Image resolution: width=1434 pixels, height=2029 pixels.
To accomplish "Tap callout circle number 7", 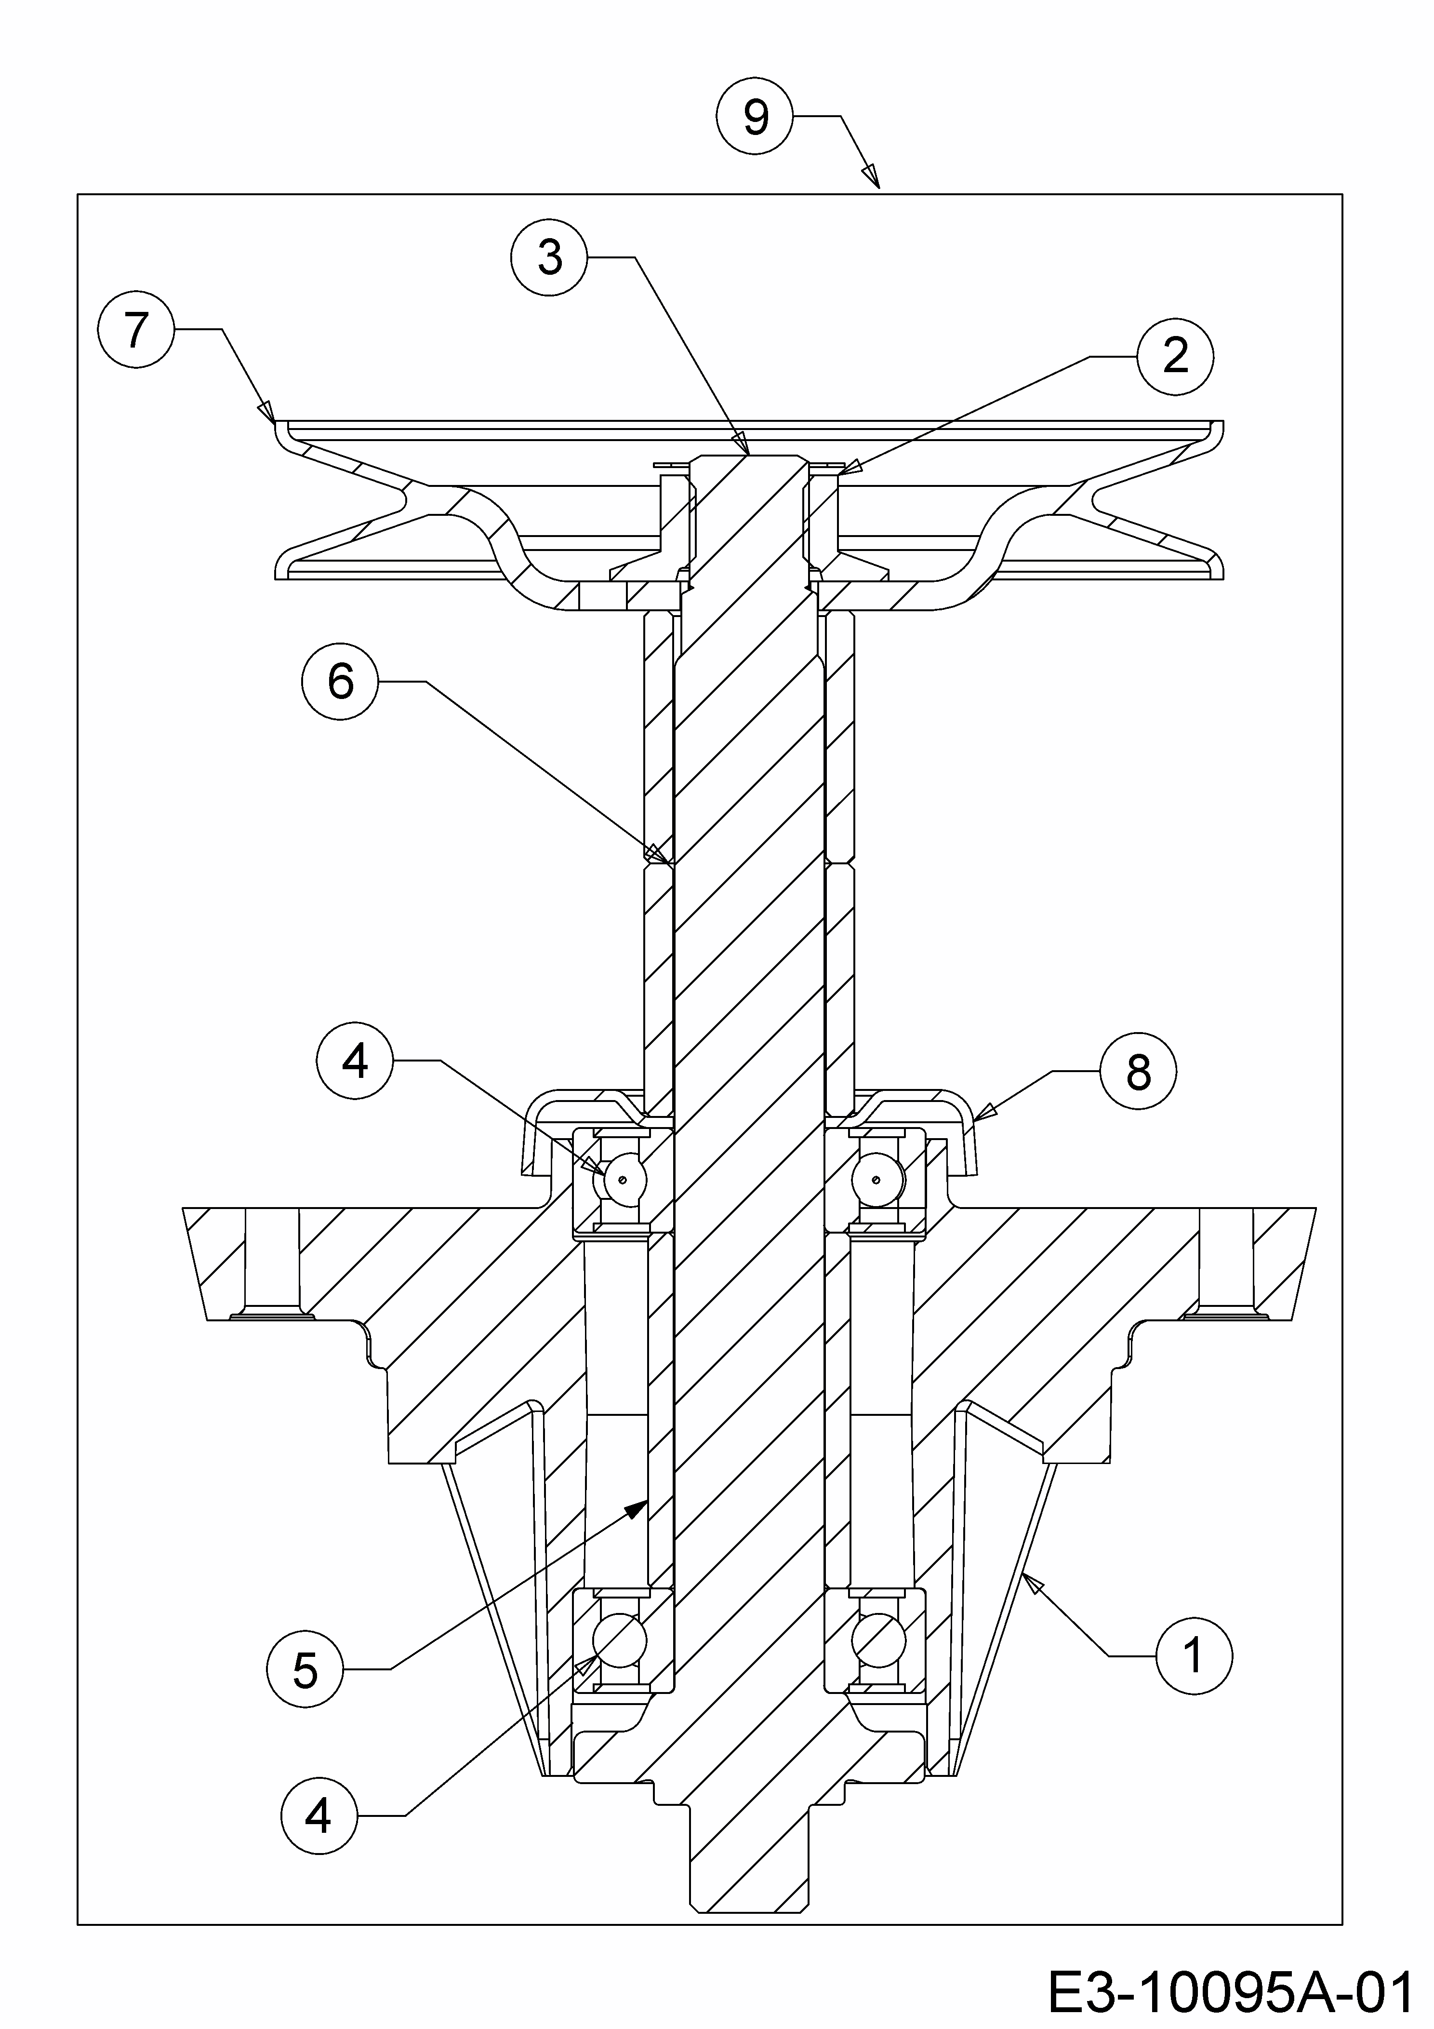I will pyautogui.click(x=135, y=331).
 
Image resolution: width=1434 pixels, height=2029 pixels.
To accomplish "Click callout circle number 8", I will pyautogui.click(x=1138, y=1072).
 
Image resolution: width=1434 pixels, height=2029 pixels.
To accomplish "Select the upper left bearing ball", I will pyautogui.click(x=624, y=1179).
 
